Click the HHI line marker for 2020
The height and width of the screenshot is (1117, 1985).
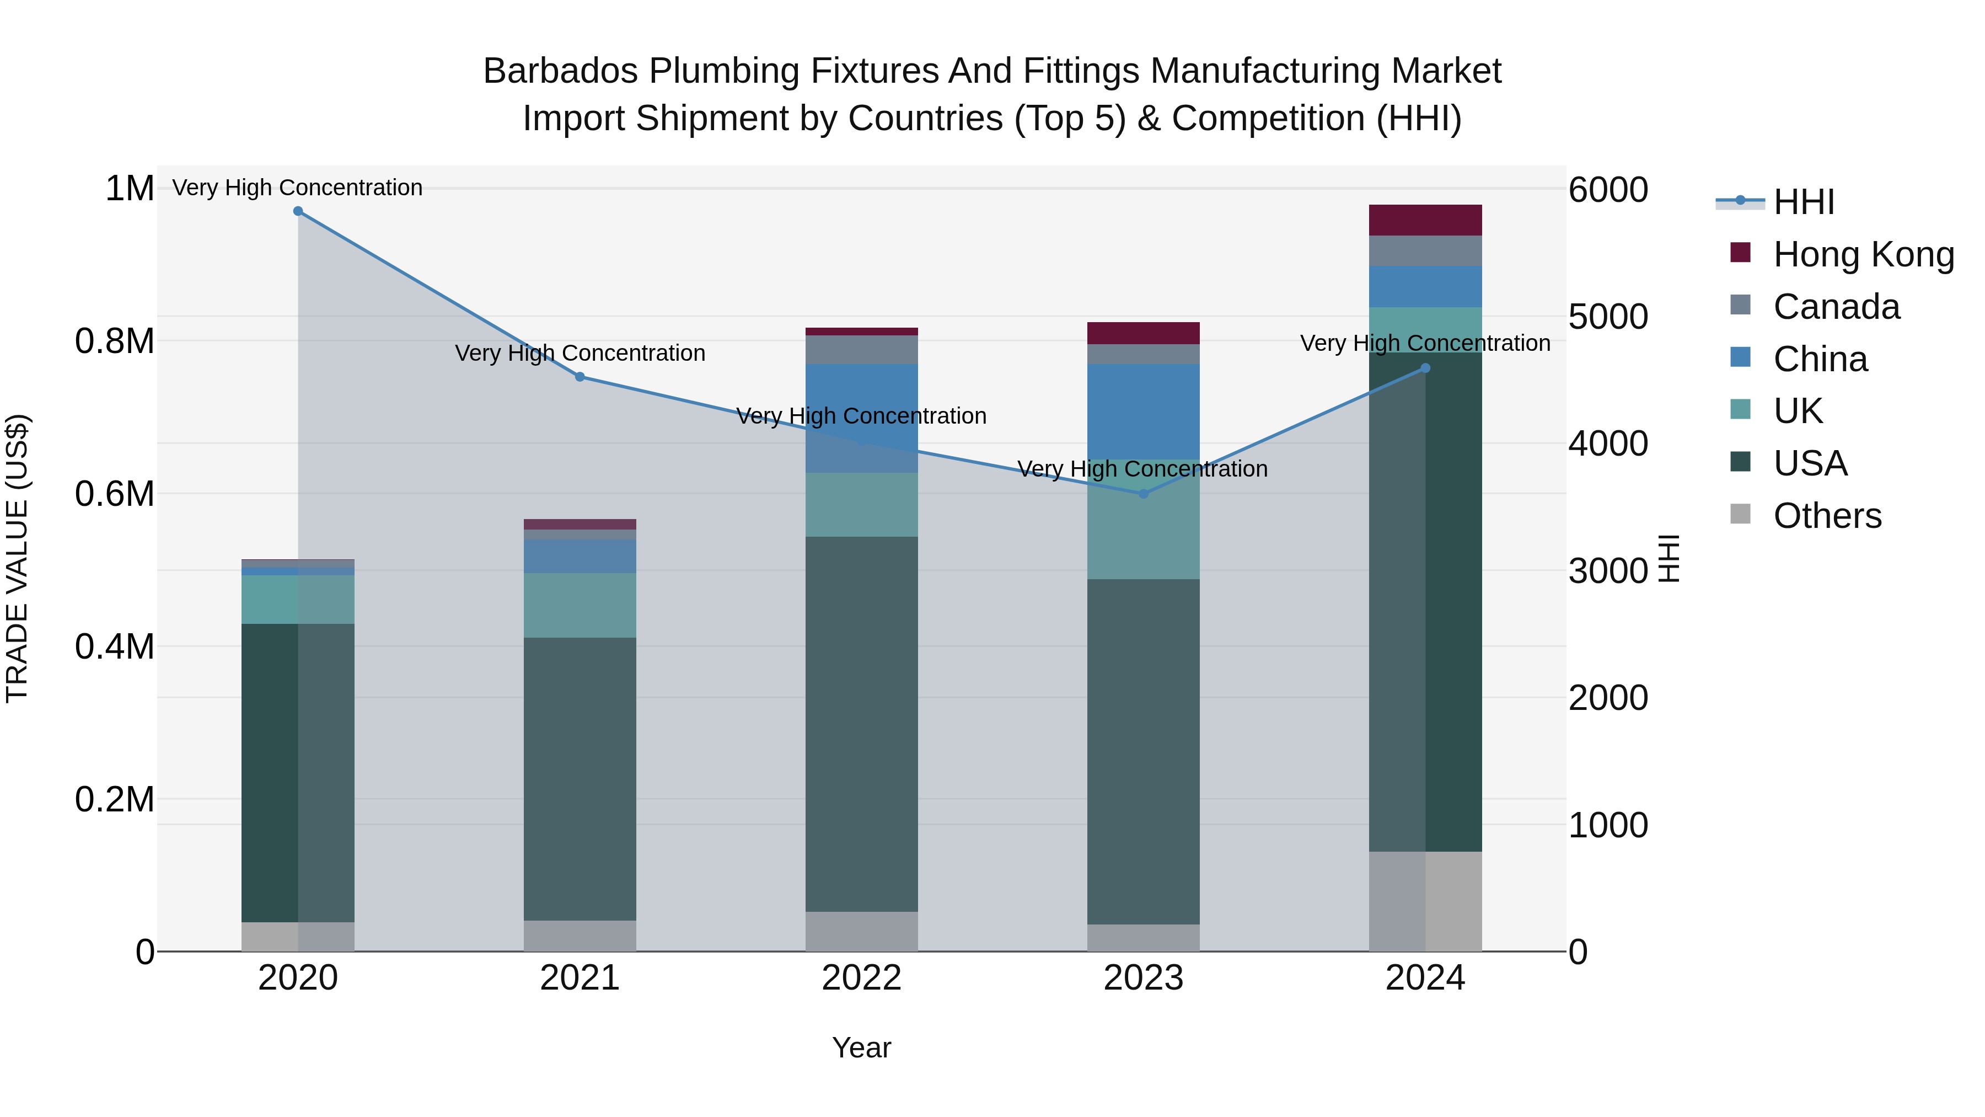[x=298, y=211]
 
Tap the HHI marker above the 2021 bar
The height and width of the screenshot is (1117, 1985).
[x=580, y=377]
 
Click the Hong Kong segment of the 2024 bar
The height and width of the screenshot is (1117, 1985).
[x=1425, y=221]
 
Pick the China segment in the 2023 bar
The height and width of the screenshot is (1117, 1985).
[x=1144, y=411]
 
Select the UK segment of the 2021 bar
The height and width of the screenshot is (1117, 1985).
[x=580, y=605]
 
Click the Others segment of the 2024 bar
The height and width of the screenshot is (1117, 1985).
[x=1425, y=901]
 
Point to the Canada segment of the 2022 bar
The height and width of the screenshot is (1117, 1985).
[x=861, y=350]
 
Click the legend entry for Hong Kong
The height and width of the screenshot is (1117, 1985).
[x=1863, y=254]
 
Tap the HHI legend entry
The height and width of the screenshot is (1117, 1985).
[x=1803, y=202]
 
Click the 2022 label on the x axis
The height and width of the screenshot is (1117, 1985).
[x=861, y=978]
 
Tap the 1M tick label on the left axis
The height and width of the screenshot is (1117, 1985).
[x=130, y=189]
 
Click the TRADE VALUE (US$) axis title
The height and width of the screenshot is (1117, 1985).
[x=17, y=558]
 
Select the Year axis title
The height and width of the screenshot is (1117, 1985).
[x=861, y=1047]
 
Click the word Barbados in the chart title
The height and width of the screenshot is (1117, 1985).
[x=560, y=72]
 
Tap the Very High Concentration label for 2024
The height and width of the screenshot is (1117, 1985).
[x=1425, y=343]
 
